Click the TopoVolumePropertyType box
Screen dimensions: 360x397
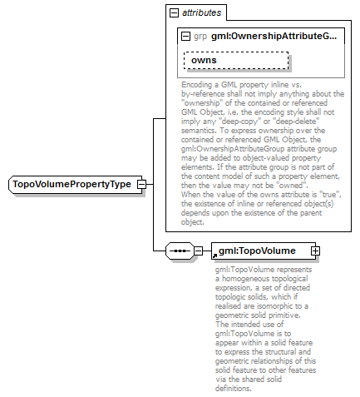72,184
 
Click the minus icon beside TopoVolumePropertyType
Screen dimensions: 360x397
142,184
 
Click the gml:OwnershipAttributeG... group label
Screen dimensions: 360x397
274,37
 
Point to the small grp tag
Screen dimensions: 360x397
200,37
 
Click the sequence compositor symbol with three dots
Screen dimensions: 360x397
180,250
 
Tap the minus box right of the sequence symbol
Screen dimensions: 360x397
199,250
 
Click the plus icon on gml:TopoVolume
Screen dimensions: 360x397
315,250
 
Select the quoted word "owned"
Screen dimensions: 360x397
306,184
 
